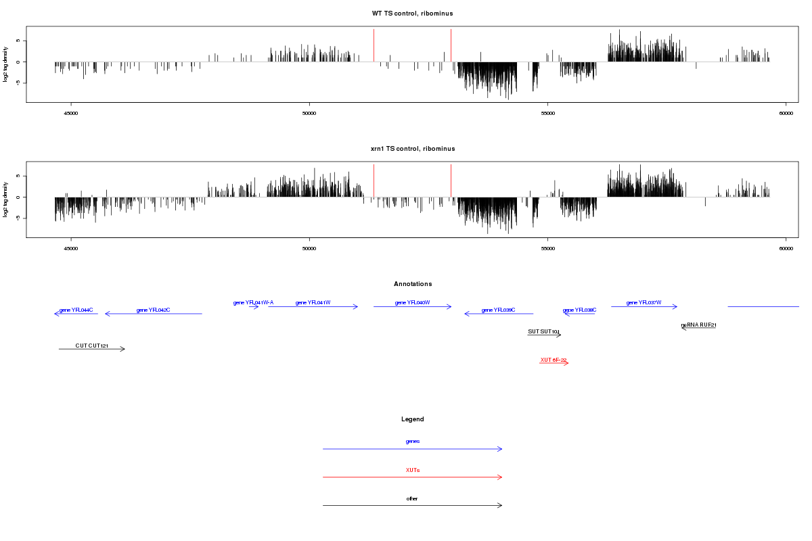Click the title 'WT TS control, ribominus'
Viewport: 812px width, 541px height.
click(x=412, y=14)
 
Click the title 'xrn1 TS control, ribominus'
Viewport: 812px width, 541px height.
click(x=412, y=149)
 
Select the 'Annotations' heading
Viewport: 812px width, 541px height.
click(x=413, y=284)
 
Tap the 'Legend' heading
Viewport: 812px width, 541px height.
click(x=413, y=419)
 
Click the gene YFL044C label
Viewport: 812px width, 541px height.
click(x=76, y=310)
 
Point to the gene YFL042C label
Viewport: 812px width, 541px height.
click(x=153, y=310)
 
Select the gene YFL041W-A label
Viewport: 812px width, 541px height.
click(x=253, y=302)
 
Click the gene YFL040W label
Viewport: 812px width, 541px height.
click(x=412, y=302)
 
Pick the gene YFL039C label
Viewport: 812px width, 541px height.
click(x=498, y=310)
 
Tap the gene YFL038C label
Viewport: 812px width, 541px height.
click(x=579, y=310)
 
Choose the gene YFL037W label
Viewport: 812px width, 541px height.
click(x=644, y=302)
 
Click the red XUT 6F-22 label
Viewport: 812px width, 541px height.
click(x=554, y=360)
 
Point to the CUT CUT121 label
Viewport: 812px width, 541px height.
click(x=92, y=346)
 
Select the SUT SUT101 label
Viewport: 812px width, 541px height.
click(x=544, y=331)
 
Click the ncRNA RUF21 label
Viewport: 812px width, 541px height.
click(x=698, y=325)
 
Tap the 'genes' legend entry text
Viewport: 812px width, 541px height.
click(x=413, y=441)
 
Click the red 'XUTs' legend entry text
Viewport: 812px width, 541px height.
click(x=413, y=469)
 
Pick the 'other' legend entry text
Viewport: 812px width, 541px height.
click(x=413, y=498)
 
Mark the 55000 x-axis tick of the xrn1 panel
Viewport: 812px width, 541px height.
click(x=547, y=249)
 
